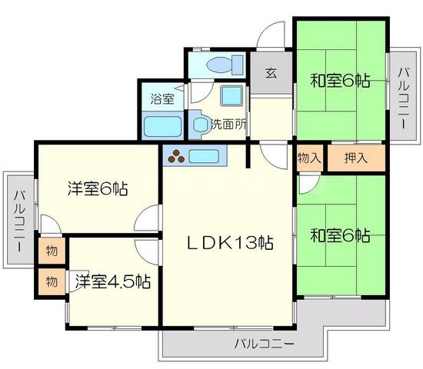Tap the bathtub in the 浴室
(x=163, y=125)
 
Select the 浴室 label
(x=162, y=98)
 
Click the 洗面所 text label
(x=227, y=123)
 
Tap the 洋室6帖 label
(x=97, y=188)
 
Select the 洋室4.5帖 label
(x=112, y=281)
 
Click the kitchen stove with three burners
(x=178, y=156)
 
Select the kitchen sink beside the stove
(x=205, y=156)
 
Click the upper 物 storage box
(x=52, y=251)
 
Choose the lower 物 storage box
(x=52, y=279)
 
